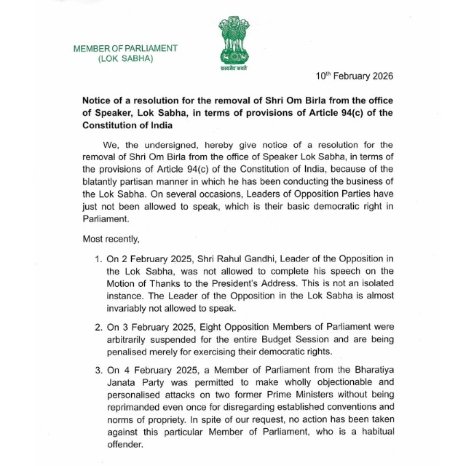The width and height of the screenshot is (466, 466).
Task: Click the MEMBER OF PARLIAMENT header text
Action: pos(125,48)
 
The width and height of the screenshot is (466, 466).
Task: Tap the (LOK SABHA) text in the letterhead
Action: pos(125,58)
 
